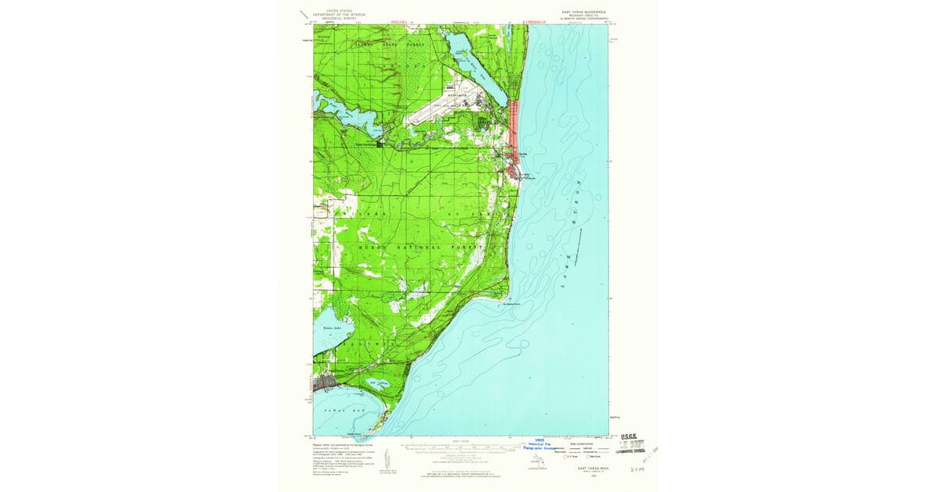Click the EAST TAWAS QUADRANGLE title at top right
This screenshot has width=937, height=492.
tap(583, 12)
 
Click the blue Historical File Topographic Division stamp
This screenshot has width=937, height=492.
tap(540, 445)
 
